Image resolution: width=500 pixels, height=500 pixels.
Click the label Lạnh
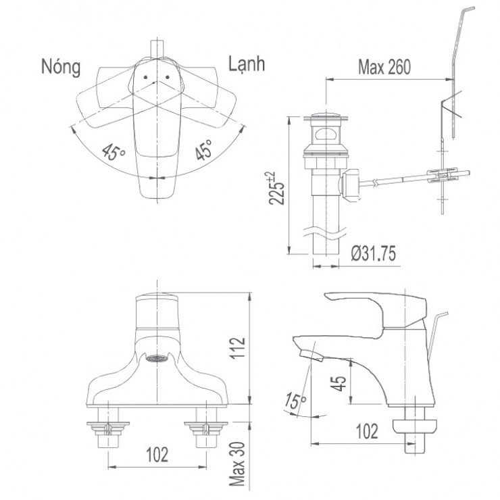tap(247, 64)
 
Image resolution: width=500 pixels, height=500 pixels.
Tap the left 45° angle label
tap(114, 152)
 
